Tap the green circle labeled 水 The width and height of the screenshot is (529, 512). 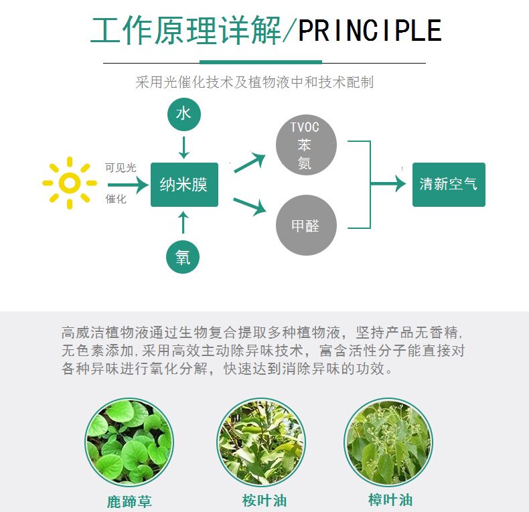point(183,114)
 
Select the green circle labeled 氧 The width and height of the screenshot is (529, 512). point(183,257)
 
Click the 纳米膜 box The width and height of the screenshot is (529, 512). point(184,184)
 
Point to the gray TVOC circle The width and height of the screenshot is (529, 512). point(305,145)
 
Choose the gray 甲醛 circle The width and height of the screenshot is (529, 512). point(305,226)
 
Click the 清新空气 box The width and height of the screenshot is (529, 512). point(448,184)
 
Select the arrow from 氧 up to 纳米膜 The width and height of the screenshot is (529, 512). point(184,224)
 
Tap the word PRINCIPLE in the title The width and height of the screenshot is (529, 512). point(370,31)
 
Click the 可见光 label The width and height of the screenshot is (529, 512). point(121,168)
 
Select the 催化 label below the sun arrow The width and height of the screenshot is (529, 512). point(116,199)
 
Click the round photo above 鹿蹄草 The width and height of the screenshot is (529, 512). point(129,441)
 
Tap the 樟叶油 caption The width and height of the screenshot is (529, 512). point(390,500)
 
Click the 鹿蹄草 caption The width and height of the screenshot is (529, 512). point(129,501)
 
